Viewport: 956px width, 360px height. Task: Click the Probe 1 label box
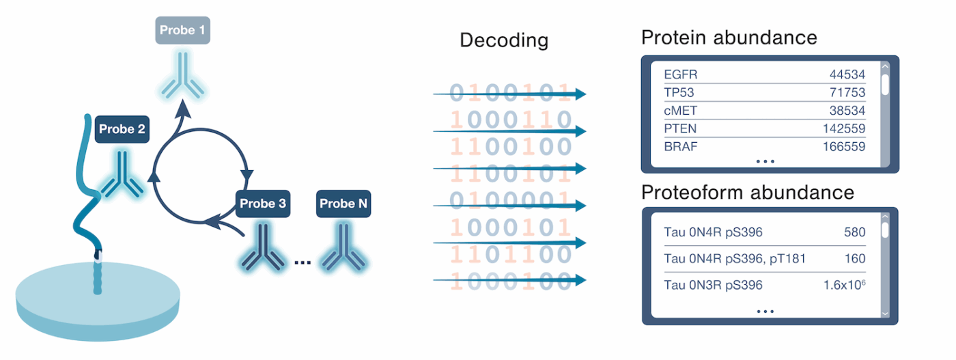tap(182, 31)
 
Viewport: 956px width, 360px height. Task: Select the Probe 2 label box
tap(123, 129)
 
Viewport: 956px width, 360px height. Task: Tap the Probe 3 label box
tap(264, 204)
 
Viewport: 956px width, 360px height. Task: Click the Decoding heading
tap(504, 40)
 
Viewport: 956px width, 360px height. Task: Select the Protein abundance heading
tap(729, 37)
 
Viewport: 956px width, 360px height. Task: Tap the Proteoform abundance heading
tap(747, 193)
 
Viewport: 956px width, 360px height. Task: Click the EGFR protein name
tap(681, 74)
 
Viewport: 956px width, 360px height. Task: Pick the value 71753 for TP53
tap(847, 93)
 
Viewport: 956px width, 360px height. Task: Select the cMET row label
tap(680, 111)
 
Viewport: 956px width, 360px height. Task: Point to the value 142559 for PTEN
tap(844, 128)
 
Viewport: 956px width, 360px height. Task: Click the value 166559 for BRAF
tap(844, 146)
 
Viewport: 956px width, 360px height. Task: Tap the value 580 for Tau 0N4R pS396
tap(854, 233)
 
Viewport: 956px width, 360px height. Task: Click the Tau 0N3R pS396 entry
tap(713, 285)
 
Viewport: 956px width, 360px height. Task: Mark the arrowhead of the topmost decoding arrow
tap(580, 94)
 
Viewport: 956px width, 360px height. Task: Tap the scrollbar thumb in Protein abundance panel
tap(885, 83)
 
